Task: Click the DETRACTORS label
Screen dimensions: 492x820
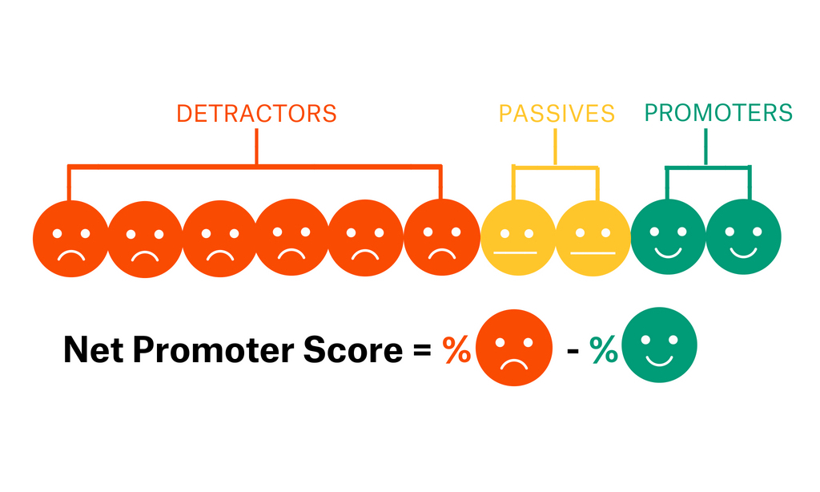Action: click(256, 113)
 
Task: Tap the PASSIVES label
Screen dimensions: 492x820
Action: click(557, 113)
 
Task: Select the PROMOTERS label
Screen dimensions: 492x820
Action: click(718, 113)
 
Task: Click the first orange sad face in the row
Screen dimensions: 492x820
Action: click(70, 239)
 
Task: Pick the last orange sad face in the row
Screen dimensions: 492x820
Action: click(441, 239)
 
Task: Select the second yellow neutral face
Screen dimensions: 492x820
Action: click(593, 239)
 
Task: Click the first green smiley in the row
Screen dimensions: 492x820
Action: click(668, 237)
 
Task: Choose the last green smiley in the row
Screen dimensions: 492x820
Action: click(743, 237)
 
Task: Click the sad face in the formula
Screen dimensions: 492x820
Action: click(513, 349)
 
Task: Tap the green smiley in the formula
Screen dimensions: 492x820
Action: click(660, 347)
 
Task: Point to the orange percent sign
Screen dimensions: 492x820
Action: click(457, 351)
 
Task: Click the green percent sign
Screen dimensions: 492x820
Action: click(604, 351)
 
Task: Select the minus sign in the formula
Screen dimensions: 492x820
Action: click(573, 352)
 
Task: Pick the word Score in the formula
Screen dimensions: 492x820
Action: click(356, 351)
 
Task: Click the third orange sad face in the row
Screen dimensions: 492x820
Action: click(219, 239)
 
